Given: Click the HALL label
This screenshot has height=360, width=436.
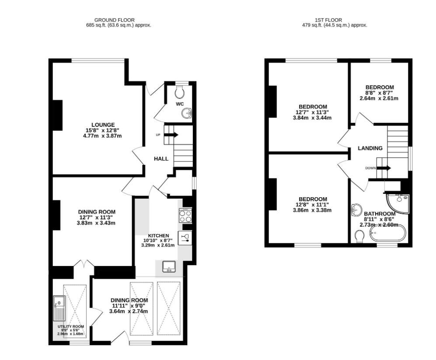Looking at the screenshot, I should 161,159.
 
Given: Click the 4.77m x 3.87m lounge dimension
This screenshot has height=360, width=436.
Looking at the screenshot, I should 102,136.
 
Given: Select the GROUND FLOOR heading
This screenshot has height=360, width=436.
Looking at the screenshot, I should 115,20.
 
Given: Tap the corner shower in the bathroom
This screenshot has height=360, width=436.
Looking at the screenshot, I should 398,202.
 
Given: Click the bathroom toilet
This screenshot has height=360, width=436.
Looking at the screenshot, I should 359,237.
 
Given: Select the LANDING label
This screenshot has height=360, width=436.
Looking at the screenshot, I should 370,148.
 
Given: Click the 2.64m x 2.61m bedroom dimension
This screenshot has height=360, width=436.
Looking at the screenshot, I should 379,98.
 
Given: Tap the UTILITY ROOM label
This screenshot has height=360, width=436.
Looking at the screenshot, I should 71,326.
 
